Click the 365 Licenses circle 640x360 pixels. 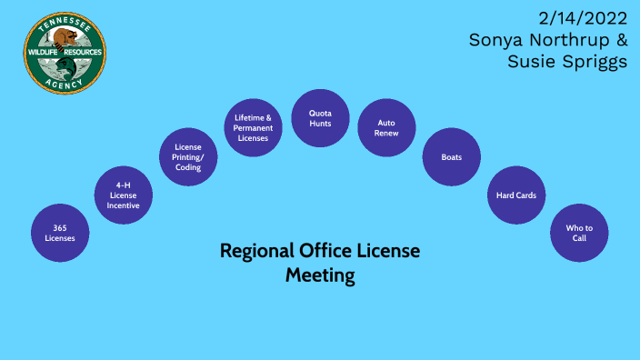[60, 233]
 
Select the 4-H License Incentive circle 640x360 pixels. [124, 195]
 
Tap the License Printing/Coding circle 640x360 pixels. [188, 156]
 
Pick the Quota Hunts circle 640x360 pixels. [320, 118]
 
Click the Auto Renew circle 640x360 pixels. [386, 127]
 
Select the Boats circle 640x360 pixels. [451, 157]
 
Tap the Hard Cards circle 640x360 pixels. [515, 195]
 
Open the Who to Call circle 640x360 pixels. [579, 233]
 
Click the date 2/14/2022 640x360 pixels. [582, 18]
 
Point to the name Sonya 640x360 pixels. [500, 40]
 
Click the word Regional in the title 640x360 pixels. [257, 252]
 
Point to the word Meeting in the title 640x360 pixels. [320, 275]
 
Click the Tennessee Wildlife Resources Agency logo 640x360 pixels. [64, 53]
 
